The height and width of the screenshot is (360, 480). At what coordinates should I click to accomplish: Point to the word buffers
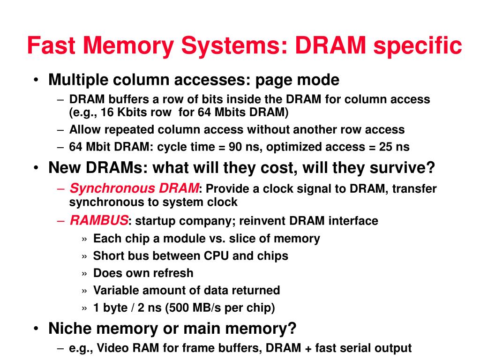tap(124, 99)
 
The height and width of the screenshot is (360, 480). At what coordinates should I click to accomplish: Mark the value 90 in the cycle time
tap(235, 147)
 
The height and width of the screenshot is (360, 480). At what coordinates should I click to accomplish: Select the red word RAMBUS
tap(99, 220)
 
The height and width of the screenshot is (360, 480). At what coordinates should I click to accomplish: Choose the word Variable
tap(115, 290)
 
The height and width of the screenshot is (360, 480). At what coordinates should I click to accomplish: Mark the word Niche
tap(68, 329)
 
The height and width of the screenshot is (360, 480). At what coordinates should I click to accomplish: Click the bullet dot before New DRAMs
tap(36, 168)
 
